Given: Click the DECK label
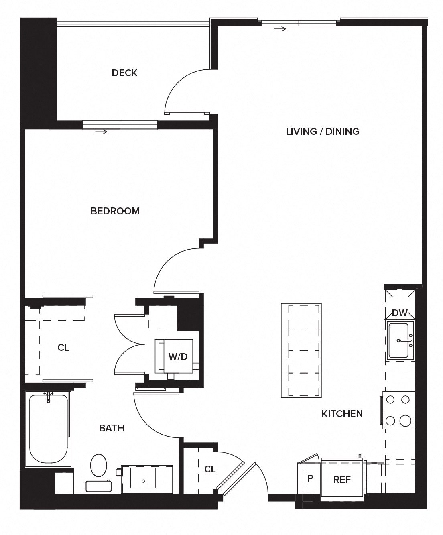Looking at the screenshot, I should (x=124, y=73).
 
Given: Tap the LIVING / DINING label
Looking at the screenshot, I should (x=322, y=131).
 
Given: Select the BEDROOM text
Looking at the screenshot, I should (x=115, y=211).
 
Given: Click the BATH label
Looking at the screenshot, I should (x=112, y=428).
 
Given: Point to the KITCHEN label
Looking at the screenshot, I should (x=342, y=413).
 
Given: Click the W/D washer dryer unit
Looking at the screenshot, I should (x=177, y=356).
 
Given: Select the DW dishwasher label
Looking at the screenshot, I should (x=399, y=313).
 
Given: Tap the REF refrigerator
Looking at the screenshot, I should (x=342, y=479).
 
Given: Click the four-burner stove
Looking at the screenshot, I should (x=398, y=410).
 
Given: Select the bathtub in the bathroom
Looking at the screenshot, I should (x=48, y=429).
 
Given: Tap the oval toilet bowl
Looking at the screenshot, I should (x=99, y=465).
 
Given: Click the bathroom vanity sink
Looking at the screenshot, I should (x=143, y=480).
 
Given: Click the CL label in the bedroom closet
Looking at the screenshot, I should (x=63, y=348).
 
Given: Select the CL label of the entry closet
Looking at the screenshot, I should (x=210, y=469).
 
